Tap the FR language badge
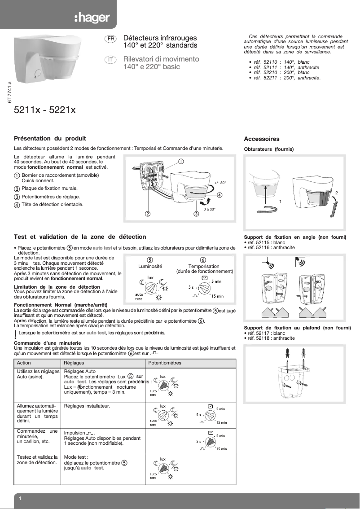click(x=110, y=39)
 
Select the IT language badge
click(x=110, y=60)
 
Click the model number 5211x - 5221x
click(x=45, y=109)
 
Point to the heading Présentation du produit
click(x=50, y=139)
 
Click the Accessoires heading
click(x=261, y=139)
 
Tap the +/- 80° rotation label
click(x=220, y=183)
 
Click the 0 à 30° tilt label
click(x=209, y=209)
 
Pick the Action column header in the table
click(x=24, y=363)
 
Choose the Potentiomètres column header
click(x=165, y=363)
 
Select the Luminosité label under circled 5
click(x=149, y=266)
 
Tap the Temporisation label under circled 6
click(x=204, y=266)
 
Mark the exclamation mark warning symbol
click(x=16, y=333)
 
